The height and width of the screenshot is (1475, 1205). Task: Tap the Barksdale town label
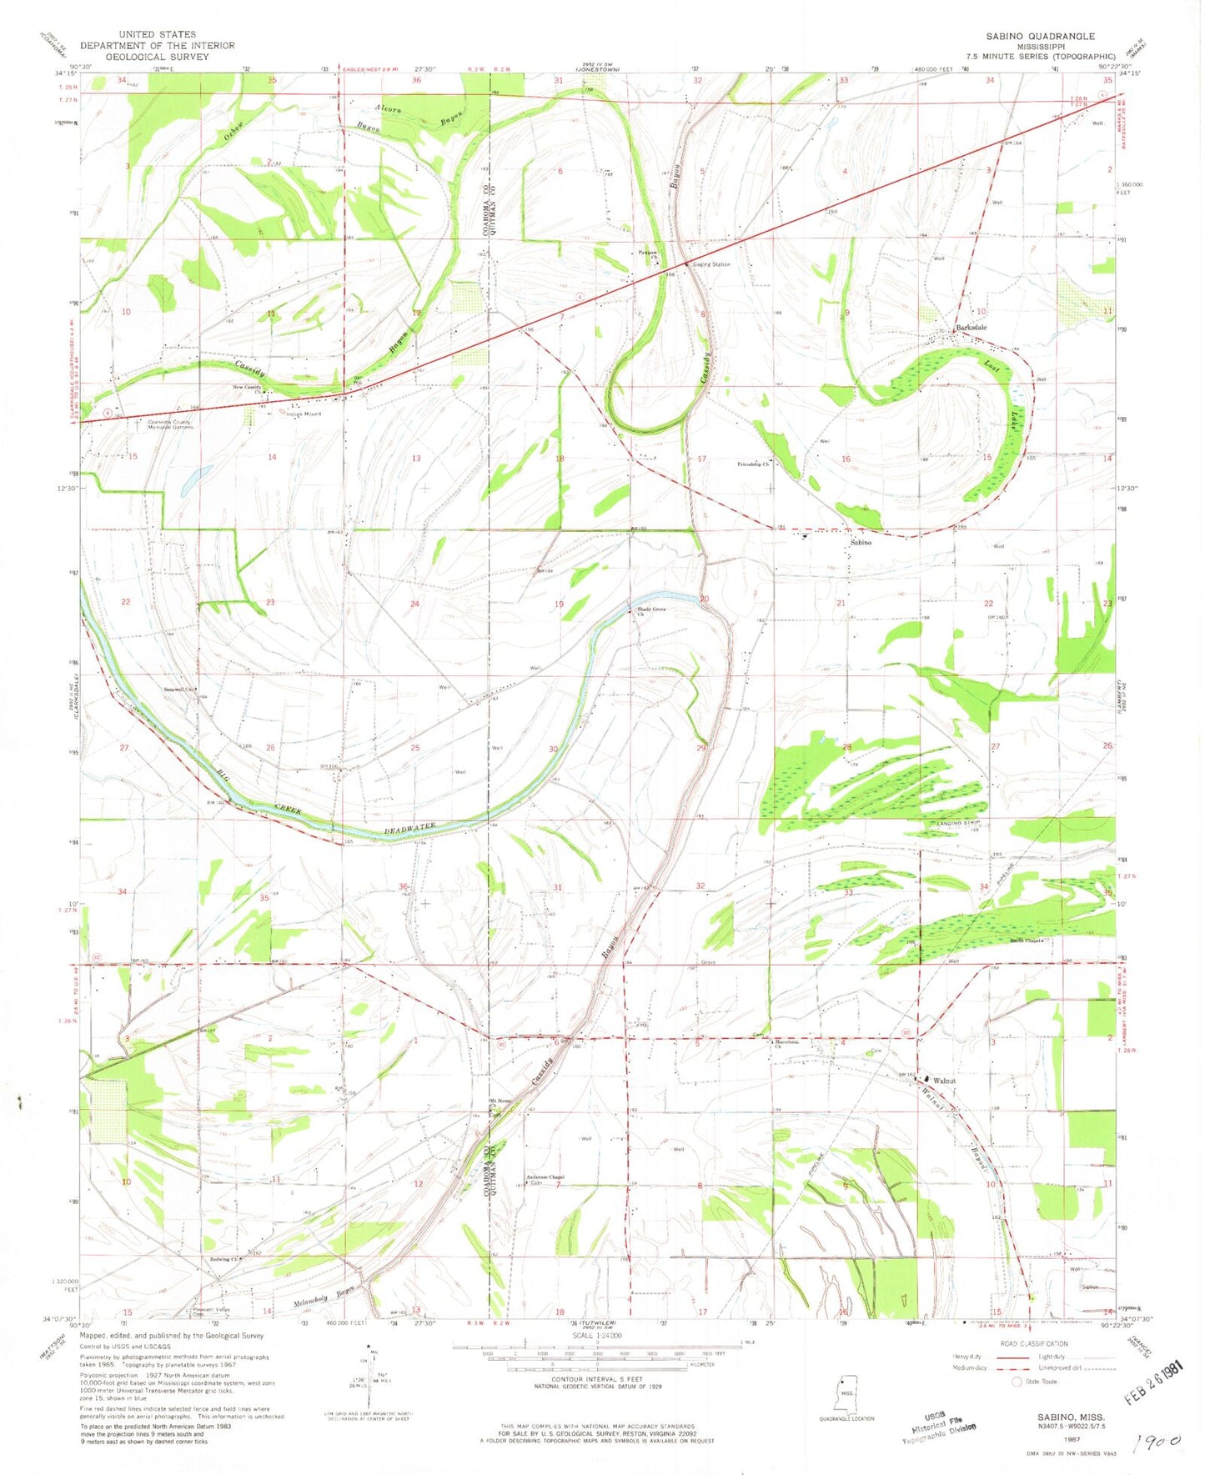tap(972, 328)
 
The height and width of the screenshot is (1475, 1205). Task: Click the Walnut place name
tap(944, 1081)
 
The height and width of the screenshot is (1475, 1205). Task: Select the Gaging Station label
tap(712, 264)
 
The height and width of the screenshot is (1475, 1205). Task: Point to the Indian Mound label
tap(304, 414)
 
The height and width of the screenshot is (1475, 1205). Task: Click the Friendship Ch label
tap(753, 464)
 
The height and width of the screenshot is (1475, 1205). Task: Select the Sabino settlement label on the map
tap(861, 542)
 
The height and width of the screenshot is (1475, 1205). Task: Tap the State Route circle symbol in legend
tap(1017, 1382)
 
